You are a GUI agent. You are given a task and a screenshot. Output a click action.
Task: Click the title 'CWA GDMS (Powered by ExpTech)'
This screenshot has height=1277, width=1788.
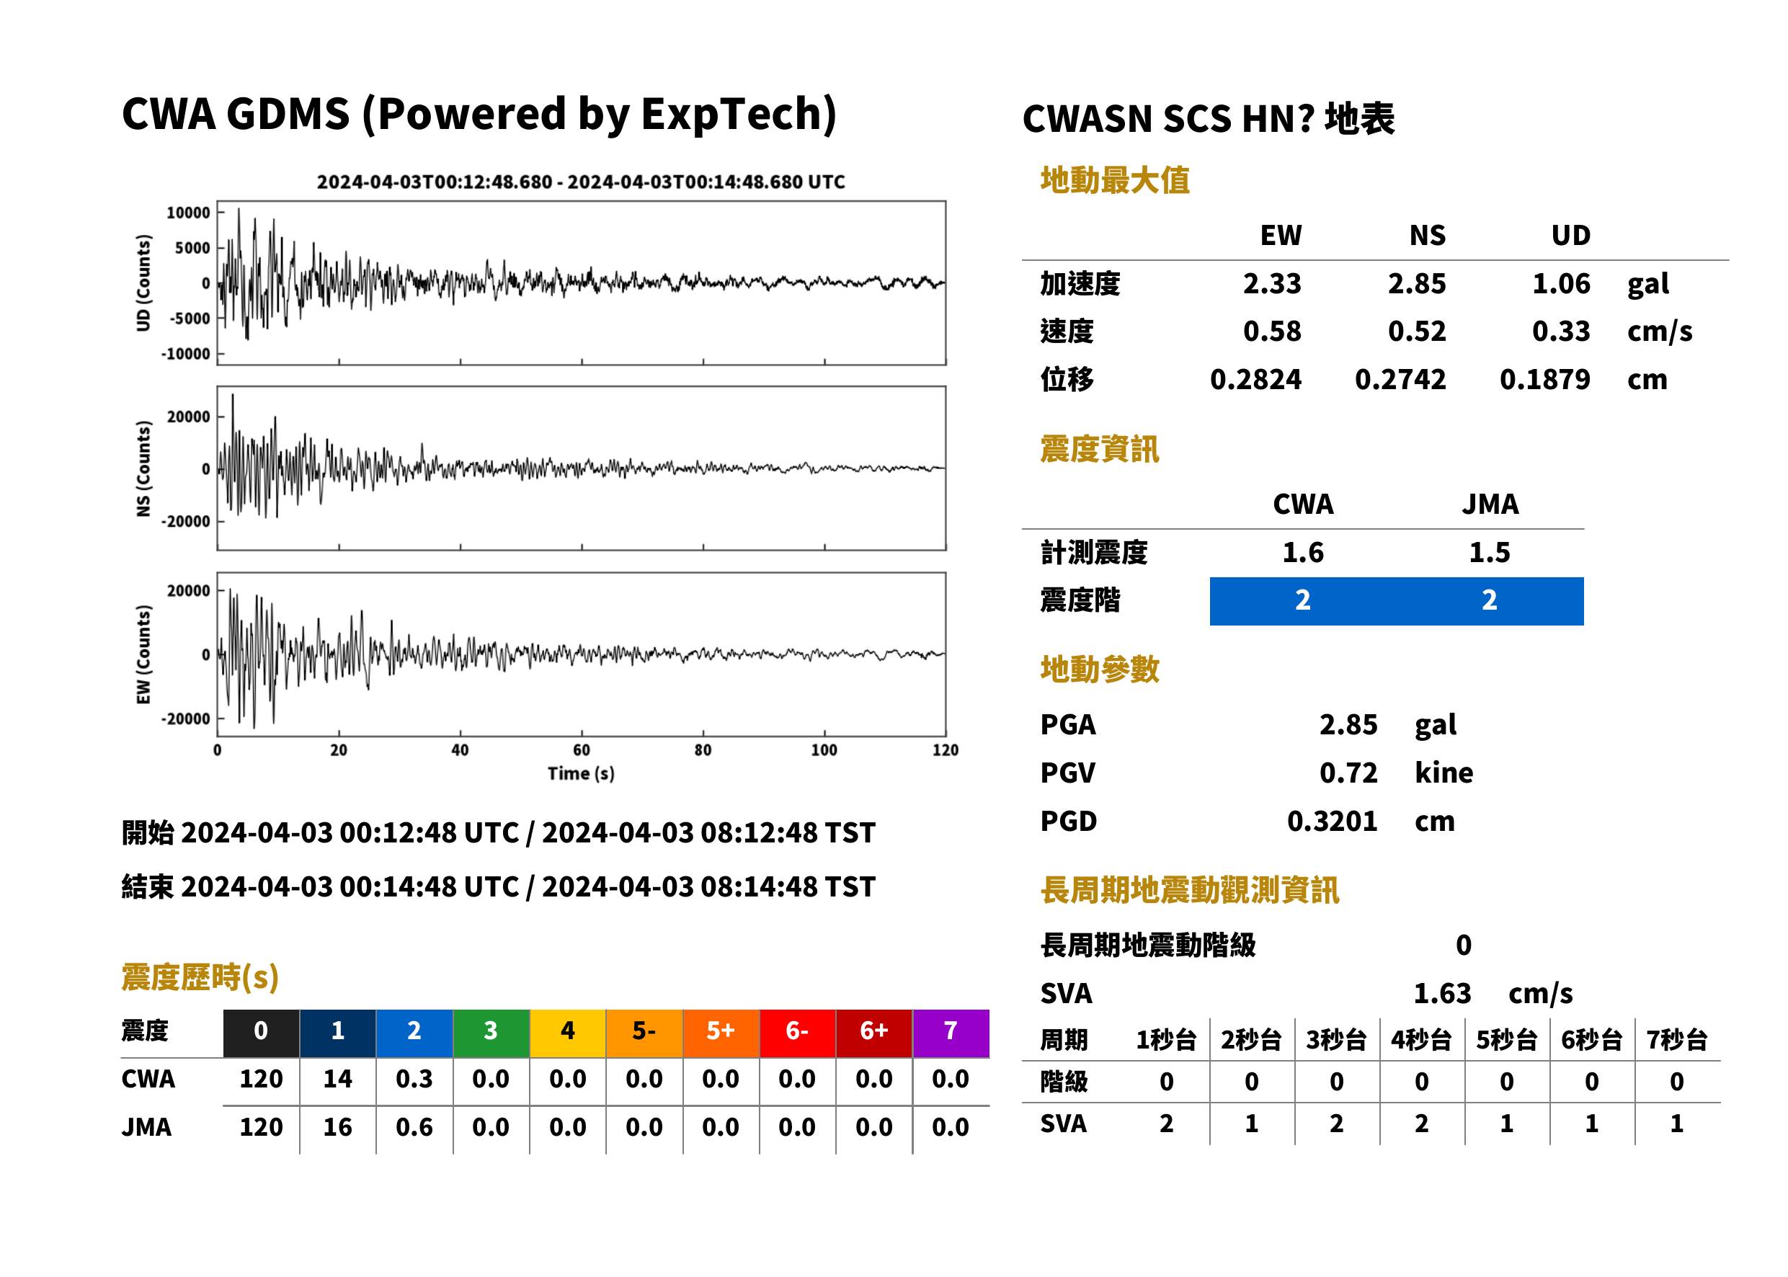click(479, 115)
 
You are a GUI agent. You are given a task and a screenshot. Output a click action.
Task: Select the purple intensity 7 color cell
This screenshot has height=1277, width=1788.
click(951, 1033)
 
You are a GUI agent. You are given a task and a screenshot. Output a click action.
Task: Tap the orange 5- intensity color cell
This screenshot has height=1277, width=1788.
click(644, 1033)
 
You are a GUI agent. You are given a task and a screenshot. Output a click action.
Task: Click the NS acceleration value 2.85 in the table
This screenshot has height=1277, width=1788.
click(1416, 284)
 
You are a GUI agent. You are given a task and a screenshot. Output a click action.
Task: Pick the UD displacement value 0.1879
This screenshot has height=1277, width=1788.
click(1544, 380)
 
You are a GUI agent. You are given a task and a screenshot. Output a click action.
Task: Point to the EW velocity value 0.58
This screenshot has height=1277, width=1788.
click(1271, 332)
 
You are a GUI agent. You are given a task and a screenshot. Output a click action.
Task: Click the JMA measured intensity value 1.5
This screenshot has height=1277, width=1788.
click(1489, 553)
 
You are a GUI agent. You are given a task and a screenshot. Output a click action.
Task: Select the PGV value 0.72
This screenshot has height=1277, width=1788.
click(1348, 773)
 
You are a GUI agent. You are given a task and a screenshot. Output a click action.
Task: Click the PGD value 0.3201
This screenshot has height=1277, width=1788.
click(1332, 822)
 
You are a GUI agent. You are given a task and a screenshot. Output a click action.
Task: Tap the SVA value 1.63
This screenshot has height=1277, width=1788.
click(1442, 994)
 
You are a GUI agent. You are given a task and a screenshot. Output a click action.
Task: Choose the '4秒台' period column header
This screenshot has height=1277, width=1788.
click(1420, 1041)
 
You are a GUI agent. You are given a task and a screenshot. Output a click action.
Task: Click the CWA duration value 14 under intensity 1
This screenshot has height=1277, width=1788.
click(337, 1080)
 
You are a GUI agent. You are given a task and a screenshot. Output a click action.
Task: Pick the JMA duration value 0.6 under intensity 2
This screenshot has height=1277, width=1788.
click(414, 1128)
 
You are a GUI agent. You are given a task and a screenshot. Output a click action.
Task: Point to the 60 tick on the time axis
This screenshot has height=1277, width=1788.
click(581, 750)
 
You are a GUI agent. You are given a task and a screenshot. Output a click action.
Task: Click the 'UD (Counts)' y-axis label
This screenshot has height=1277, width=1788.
click(143, 283)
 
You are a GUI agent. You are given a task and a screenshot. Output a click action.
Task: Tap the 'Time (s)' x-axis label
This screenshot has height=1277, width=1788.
click(581, 774)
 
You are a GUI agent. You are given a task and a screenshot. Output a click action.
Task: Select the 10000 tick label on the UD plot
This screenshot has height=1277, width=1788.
click(188, 213)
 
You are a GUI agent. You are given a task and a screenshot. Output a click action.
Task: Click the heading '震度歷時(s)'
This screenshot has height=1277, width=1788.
click(200, 977)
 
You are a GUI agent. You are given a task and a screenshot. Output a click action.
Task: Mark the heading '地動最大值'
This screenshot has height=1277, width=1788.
click(1115, 180)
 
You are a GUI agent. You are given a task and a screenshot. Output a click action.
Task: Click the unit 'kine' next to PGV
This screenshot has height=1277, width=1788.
click(1444, 773)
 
